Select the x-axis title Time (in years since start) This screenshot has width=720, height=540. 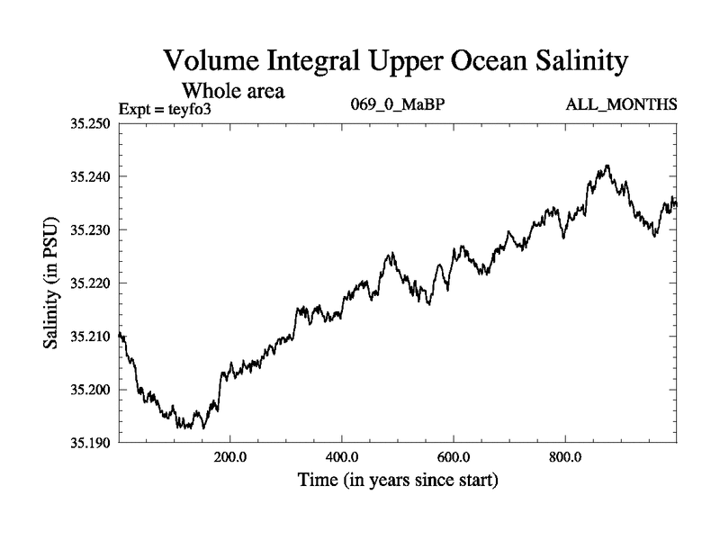pos(397,481)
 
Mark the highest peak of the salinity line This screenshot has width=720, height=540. pos(608,166)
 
